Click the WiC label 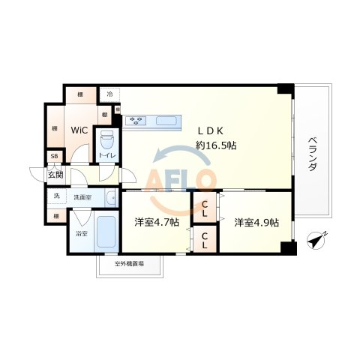[x=79, y=130]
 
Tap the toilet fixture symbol [x=106, y=140]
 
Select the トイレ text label [x=106, y=156]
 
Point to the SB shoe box [x=53, y=157]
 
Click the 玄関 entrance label [x=56, y=175]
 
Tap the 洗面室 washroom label [x=82, y=197]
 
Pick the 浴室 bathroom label [x=80, y=234]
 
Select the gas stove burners [x=137, y=119]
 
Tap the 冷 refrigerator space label [x=109, y=94]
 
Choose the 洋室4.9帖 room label [x=256, y=223]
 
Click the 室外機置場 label [x=129, y=264]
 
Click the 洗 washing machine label [x=55, y=196]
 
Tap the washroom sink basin [x=111, y=199]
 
